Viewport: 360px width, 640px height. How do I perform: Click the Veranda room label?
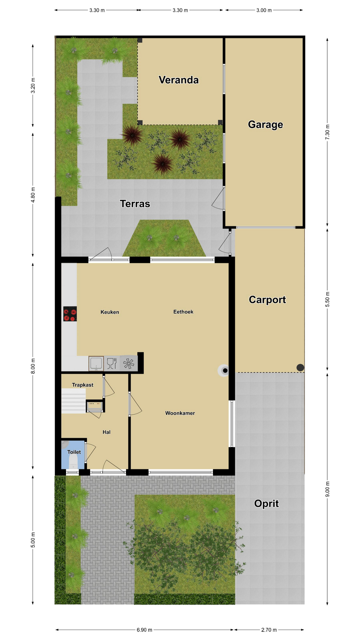tap(179, 80)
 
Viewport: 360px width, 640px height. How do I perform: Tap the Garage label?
tap(265, 125)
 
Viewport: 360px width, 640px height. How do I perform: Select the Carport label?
tap(267, 300)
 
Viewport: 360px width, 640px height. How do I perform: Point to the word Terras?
tap(135, 204)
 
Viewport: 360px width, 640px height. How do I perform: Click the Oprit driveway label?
tap(266, 503)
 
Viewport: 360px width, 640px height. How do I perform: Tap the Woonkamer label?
tap(180, 413)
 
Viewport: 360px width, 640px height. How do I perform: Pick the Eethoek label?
tap(183, 312)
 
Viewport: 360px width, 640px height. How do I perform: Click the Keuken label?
tap(110, 312)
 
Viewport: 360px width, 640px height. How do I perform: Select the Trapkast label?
tap(83, 385)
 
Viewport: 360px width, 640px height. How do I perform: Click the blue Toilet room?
tap(73, 454)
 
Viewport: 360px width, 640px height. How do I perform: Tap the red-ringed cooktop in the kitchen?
tap(70, 314)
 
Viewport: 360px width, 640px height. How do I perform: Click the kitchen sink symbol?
tap(96, 363)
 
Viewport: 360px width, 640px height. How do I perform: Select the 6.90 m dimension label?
tap(144, 630)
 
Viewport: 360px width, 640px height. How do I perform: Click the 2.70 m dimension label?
tap(269, 630)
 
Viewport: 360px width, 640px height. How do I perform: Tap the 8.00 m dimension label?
tap(33, 366)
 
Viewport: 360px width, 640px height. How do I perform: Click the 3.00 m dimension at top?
tap(264, 10)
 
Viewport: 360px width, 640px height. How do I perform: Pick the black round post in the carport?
tap(300, 368)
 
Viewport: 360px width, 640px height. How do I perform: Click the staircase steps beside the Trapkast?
tap(74, 401)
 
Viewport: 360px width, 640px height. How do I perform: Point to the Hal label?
tap(106, 432)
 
